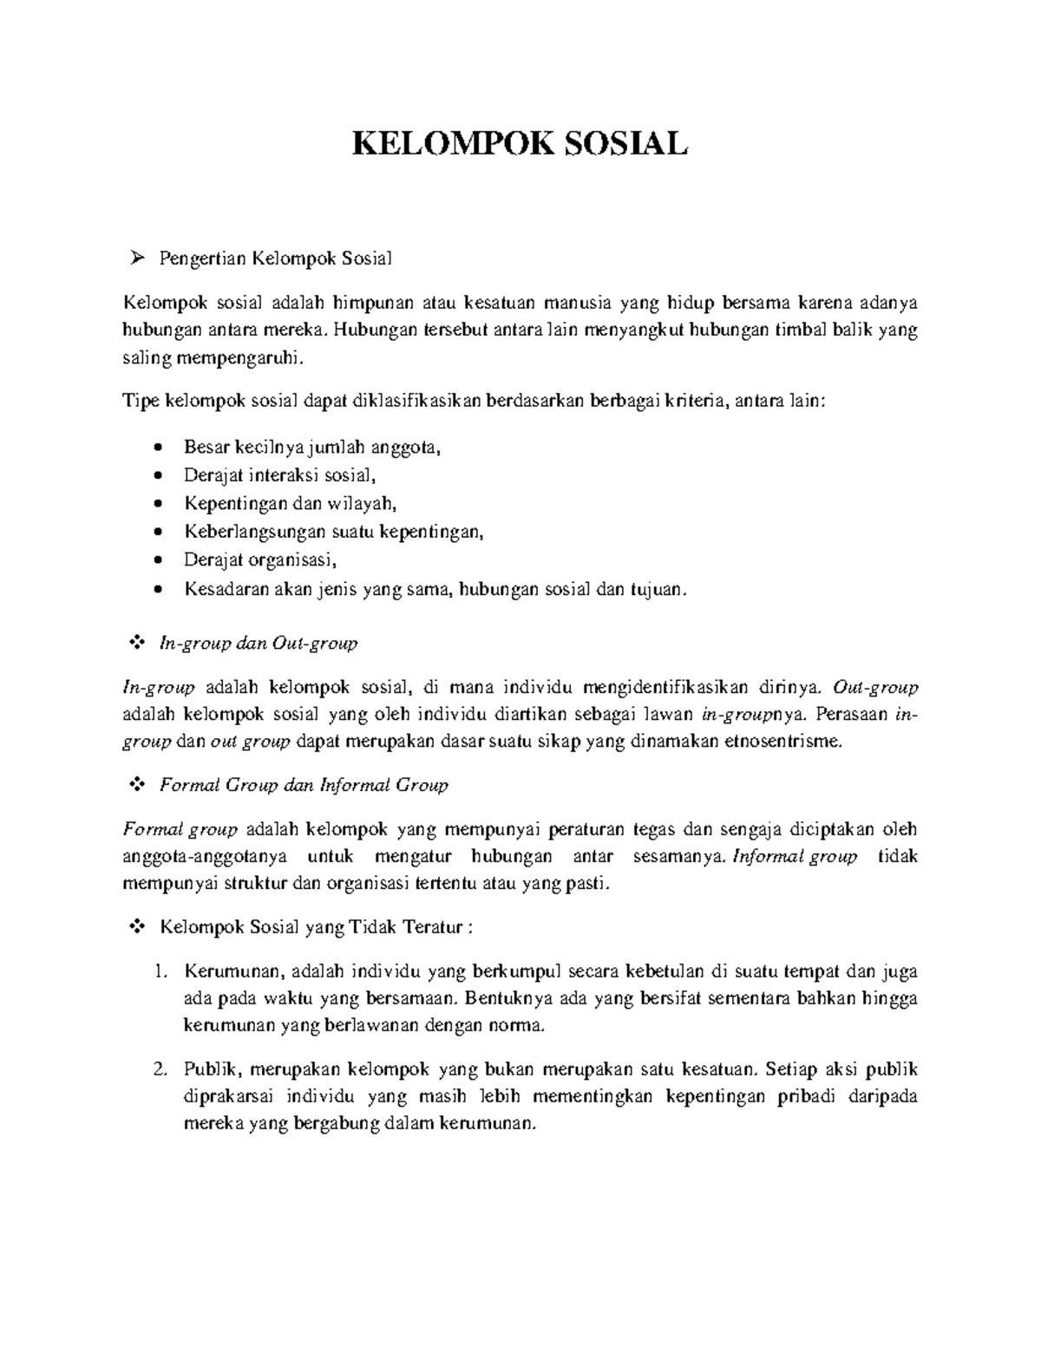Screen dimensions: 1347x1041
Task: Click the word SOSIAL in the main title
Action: [625, 143]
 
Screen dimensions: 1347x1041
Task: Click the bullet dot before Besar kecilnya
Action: [157, 448]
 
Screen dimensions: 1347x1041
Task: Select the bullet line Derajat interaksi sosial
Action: [280, 475]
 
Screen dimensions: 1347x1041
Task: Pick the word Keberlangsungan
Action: [255, 532]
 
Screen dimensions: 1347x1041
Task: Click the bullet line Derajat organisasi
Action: [259, 560]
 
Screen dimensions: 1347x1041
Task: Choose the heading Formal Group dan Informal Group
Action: [304, 786]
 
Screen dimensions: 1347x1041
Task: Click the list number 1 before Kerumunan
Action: [159, 971]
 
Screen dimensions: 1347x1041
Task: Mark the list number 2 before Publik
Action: [159, 1069]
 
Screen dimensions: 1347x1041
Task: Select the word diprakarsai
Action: [228, 1097]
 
